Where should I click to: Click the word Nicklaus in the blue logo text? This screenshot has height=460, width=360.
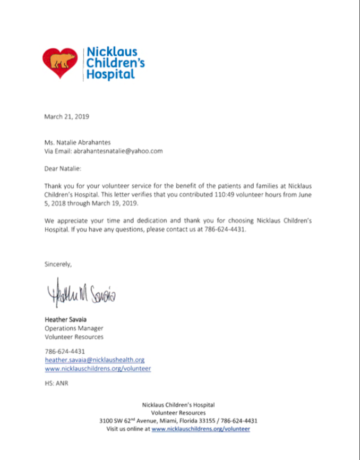[112, 52]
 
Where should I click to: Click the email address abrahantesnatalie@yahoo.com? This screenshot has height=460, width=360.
[118, 151]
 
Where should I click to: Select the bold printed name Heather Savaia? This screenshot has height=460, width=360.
[66, 320]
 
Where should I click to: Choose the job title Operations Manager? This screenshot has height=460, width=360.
[73, 328]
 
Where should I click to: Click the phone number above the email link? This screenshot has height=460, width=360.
[64, 351]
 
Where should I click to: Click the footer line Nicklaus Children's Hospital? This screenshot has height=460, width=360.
[178, 405]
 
